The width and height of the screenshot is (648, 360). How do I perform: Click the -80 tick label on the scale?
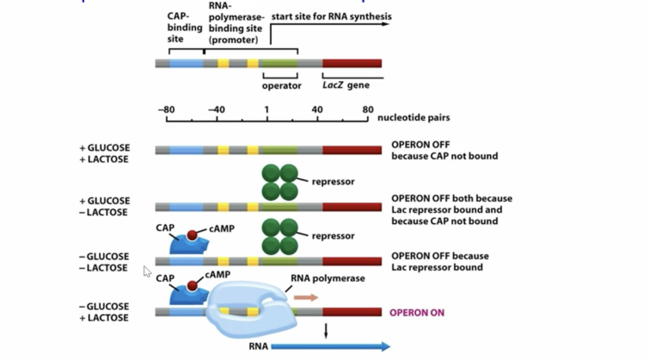(166, 110)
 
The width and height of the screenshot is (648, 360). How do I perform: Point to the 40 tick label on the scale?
(317, 110)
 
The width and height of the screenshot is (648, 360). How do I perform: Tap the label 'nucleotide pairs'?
(414, 118)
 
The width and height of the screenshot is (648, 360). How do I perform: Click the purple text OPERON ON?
(417, 312)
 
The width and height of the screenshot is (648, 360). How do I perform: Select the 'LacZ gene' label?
(346, 85)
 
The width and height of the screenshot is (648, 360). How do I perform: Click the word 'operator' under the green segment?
(282, 86)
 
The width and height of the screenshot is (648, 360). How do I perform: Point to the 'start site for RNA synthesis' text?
(331, 17)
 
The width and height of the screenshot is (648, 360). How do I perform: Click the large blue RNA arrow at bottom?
(330, 346)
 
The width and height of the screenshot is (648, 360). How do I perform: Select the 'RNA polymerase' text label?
(328, 278)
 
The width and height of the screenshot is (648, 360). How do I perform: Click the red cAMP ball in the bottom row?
(192, 286)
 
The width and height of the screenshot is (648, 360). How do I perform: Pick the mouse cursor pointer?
(147, 271)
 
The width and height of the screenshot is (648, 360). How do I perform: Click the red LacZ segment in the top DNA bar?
(351, 63)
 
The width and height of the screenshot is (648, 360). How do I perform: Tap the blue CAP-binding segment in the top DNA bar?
(186, 63)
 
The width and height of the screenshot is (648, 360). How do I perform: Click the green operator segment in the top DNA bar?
(279, 63)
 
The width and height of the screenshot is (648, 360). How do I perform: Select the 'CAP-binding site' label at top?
(178, 27)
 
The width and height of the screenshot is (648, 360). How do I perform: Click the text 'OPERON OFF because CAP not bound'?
(444, 150)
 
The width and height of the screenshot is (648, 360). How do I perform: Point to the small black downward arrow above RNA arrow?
(326, 331)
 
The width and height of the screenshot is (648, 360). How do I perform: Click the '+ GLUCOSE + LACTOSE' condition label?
(104, 154)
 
